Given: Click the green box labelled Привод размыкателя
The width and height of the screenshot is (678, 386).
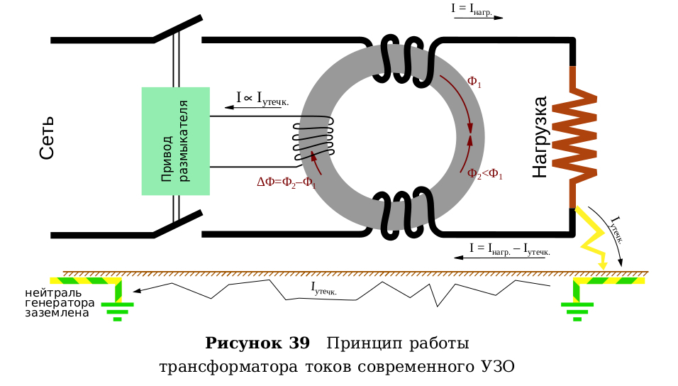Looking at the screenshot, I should coord(176,140).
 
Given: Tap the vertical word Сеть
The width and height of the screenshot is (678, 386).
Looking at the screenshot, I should coord(47,137).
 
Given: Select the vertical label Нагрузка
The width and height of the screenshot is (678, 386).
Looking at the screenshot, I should coord(540,137).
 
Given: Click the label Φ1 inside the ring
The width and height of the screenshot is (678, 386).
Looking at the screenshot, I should coord(474,82).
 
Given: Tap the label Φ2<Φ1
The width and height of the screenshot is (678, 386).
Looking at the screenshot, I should coord(484,172).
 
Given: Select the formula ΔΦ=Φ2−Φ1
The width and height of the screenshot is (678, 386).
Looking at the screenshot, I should coord(286,182).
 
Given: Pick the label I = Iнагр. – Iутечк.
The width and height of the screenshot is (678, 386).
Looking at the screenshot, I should coord(509,248).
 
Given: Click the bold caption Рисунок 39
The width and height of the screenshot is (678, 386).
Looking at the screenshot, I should coord(257,343).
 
